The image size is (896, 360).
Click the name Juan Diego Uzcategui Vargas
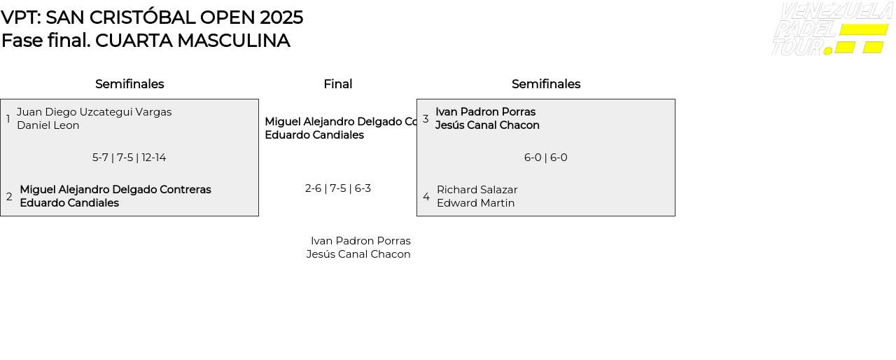(x=94, y=112)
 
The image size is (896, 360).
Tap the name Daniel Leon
(x=48, y=125)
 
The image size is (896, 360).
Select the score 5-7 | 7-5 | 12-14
(x=129, y=158)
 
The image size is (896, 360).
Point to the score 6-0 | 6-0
(x=546, y=158)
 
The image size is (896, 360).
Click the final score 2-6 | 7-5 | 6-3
(x=338, y=188)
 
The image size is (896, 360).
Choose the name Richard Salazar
(x=477, y=190)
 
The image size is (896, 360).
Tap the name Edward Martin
(x=476, y=203)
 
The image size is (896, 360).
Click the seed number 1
(x=8, y=119)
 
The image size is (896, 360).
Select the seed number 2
(x=9, y=197)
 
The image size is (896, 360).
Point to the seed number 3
(x=426, y=119)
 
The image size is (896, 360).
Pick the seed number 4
(x=426, y=197)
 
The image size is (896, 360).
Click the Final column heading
(x=338, y=84)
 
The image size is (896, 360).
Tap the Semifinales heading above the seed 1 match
(x=129, y=84)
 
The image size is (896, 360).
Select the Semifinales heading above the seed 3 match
(x=546, y=84)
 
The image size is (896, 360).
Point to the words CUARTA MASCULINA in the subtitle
(x=192, y=41)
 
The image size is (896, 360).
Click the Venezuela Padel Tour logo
(x=831, y=29)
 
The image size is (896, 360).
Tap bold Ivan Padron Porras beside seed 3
(x=485, y=112)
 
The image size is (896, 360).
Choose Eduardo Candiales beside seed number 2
(x=69, y=203)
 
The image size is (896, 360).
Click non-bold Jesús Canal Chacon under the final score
(x=358, y=254)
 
